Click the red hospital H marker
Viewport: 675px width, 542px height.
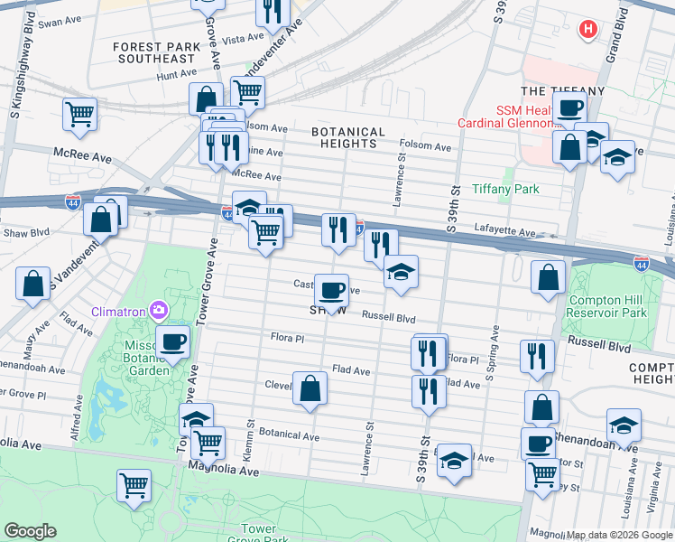(588, 30)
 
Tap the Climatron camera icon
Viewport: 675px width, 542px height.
(159, 311)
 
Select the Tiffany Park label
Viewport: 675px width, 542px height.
(504, 189)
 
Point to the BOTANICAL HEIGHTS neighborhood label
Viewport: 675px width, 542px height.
(347, 137)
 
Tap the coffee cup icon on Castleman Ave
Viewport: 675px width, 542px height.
(331, 290)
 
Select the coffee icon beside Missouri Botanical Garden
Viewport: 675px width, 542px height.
(173, 341)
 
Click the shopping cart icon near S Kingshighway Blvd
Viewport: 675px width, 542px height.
(79, 114)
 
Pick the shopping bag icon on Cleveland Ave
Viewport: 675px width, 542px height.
(310, 388)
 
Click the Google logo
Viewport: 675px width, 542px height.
(30, 531)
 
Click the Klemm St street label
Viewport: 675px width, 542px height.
(251, 436)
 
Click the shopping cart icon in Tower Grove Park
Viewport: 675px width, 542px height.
(134, 484)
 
